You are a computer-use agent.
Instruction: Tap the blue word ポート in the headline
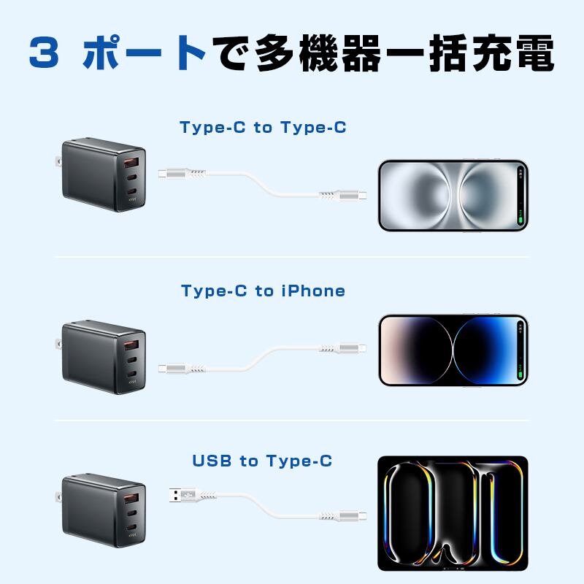[142, 53]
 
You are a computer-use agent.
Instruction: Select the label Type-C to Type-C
[263, 128]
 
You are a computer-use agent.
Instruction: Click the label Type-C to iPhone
[263, 291]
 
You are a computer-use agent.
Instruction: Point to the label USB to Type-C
[262, 461]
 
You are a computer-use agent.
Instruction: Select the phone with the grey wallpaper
[453, 195]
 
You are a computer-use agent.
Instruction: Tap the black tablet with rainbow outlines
[452, 514]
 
